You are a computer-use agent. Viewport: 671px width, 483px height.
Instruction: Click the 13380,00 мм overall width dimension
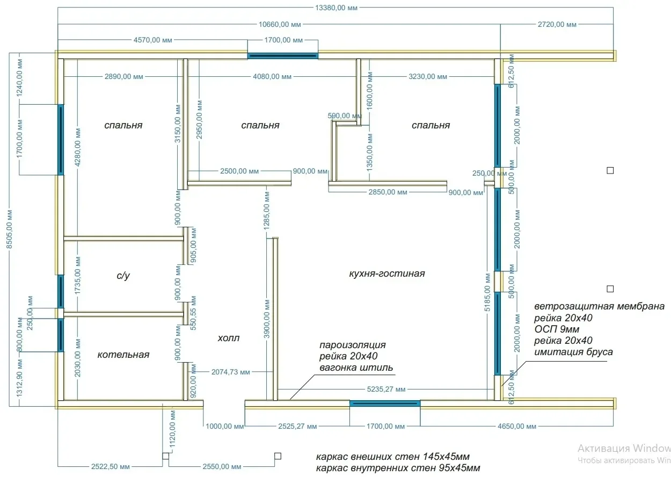336,8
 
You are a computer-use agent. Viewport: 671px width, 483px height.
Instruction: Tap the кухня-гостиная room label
386,273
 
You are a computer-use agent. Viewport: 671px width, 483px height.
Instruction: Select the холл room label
229,338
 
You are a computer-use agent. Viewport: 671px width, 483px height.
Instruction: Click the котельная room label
123,355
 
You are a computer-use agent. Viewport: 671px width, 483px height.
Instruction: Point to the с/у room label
123,276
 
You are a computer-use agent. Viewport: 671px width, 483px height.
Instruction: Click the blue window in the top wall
283,56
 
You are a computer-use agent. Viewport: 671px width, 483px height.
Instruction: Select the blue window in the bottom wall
385,403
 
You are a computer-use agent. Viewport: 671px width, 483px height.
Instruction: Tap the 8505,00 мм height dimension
9,229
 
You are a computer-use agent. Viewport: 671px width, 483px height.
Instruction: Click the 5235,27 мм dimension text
386,389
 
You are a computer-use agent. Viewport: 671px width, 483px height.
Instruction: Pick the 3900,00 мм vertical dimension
267,319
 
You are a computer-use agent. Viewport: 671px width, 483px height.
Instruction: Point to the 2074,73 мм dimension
231,372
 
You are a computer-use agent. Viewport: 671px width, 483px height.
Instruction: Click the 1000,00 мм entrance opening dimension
225,427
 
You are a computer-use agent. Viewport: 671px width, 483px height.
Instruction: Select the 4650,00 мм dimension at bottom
517,427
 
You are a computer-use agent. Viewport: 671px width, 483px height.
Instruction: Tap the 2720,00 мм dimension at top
557,25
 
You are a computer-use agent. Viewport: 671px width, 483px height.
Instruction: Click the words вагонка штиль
356,367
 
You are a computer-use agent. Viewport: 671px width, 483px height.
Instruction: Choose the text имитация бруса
573,352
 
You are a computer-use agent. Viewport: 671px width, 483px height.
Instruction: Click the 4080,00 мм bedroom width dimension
272,77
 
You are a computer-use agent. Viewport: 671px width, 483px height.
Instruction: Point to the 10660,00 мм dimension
280,25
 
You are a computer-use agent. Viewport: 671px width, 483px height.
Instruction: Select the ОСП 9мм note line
557,329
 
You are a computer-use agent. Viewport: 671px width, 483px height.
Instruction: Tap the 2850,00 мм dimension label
388,192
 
